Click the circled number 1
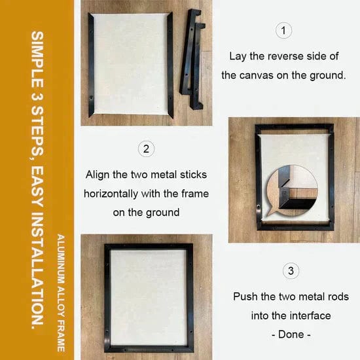click(x=283, y=30)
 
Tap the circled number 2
click(x=146, y=149)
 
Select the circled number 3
click(x=291, y=270)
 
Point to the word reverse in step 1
click(x=285, y=56)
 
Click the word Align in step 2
click(x=98, y=175)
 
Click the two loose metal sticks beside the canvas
click(x=192, y=58)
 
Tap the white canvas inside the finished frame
click(x=149, y=298)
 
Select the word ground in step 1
click(x=328, y=76)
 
